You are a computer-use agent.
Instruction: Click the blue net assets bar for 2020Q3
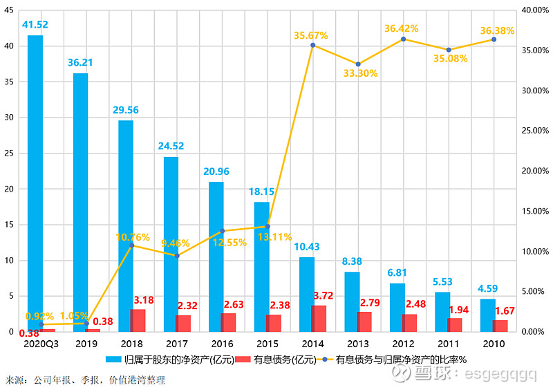click(x=35, y=183)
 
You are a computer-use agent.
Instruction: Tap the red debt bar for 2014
click(x=319, y=318)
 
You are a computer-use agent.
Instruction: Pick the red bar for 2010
click(x=500, y=326)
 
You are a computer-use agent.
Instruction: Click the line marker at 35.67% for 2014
click(x=312, y=45)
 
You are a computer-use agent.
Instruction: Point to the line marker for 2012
click(x=403, y=39)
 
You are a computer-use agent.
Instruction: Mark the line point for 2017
click(x=177, y=256)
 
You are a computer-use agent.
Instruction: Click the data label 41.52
click(x=35, y=25)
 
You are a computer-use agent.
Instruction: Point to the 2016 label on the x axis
click(x=222, y=343)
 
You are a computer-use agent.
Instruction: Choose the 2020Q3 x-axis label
click(x=41, y=343)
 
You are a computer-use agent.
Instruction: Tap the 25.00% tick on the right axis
click(x=533, y=131)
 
